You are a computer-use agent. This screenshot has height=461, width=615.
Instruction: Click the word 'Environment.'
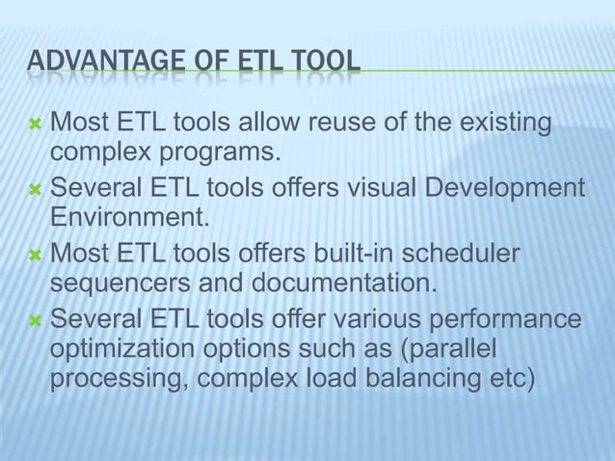[x=129, y=216]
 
